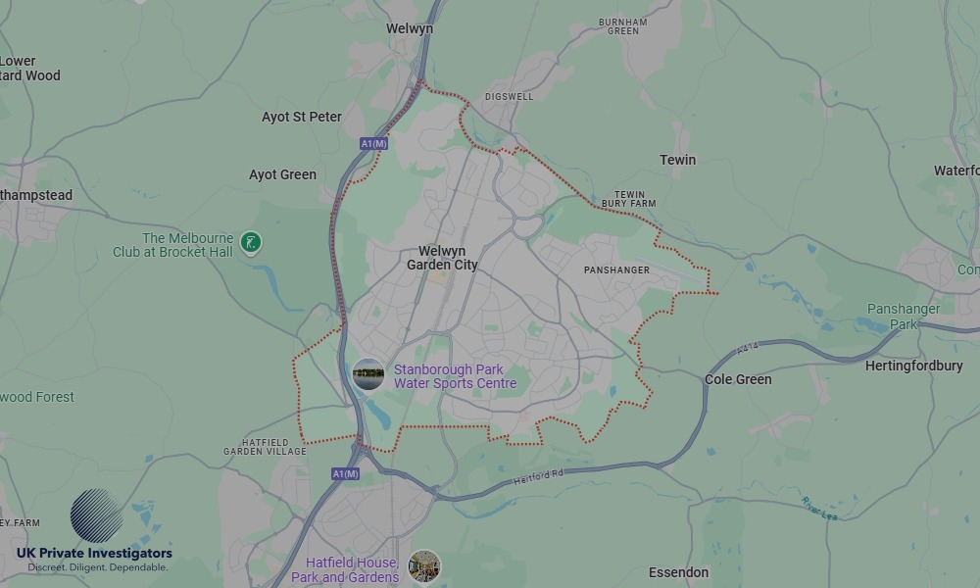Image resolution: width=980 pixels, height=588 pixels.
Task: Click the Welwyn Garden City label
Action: coord(442,258)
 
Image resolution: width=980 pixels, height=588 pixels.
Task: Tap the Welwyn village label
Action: coord(410,29)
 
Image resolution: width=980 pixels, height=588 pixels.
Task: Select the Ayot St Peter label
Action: coord(302,117)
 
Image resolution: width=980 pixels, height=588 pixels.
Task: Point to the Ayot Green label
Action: coord(282,174)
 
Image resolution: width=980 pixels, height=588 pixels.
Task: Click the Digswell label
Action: coord(510,97)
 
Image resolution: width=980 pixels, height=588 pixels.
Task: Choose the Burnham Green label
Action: coord(623,25)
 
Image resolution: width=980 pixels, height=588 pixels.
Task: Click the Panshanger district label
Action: coord(616,269)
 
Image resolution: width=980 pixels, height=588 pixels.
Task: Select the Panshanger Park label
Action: coord(904,317)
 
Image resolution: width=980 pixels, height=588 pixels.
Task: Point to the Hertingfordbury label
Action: coord(914,366)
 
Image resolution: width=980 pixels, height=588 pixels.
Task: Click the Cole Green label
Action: coord(738,379)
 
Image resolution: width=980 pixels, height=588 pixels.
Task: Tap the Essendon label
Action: coord(678,572)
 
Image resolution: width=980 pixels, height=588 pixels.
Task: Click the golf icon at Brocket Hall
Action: coord(251,242)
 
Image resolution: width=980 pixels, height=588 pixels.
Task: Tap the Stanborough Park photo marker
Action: coord(368,374)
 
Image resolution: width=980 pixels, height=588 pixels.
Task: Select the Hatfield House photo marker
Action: coord(424,566)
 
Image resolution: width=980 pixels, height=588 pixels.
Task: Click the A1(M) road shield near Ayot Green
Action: coord(374,144)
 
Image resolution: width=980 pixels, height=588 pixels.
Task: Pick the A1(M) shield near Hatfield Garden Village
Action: coord(345,474)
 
